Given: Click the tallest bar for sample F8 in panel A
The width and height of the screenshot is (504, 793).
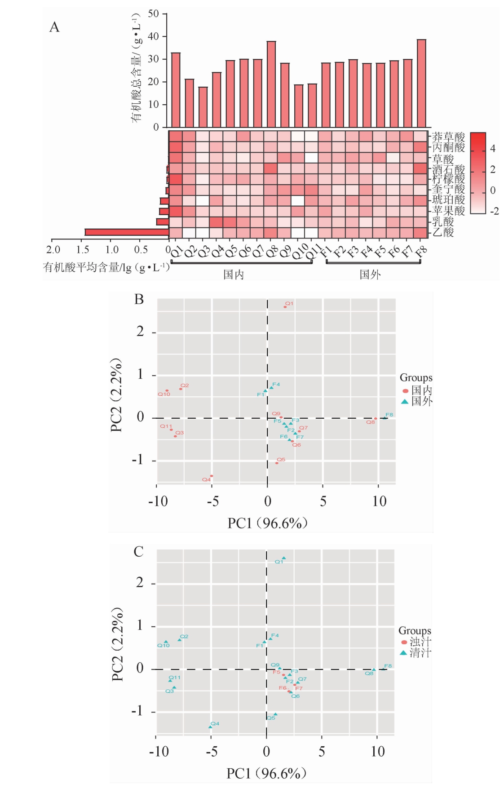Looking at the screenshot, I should coord(421,83).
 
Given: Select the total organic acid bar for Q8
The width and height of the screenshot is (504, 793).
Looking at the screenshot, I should coord(271,84).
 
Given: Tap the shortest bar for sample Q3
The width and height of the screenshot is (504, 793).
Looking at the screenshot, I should coord(203,107).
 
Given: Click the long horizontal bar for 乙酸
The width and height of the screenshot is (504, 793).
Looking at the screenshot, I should coord(127,232).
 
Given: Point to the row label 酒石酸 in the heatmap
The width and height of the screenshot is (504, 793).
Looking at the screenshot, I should coord(448,169).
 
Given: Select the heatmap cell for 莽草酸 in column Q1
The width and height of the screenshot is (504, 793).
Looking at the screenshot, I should coord(176,136).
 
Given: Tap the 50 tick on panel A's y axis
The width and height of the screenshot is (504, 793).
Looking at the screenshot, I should coord(154,14).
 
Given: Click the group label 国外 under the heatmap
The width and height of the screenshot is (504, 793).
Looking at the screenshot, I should coord(370,275).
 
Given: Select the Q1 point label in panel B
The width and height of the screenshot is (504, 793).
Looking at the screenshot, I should coord(289,304).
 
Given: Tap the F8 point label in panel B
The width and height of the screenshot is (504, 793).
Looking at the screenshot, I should coord(389,415).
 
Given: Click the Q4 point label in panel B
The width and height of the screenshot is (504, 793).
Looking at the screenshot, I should coord(206,480).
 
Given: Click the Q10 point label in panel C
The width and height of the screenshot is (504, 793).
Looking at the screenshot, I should coord(163,646).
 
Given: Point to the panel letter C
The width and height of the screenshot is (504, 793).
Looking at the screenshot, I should coord(139,551).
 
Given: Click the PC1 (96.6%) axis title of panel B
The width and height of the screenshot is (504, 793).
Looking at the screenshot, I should coord(267,523).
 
